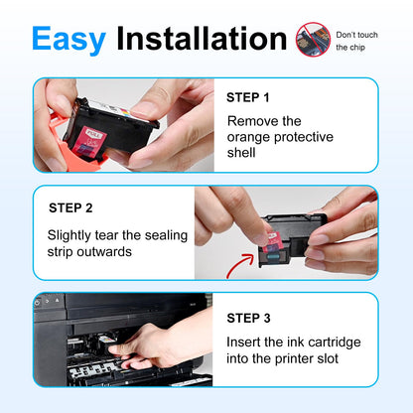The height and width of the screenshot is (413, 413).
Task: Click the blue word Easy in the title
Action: (x=69, y=40)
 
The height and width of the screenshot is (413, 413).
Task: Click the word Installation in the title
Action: (x=202, y=39)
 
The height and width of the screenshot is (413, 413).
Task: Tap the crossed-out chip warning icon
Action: (x=313, y=40)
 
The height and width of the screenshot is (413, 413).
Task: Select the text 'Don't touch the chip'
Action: (x=356, y=41)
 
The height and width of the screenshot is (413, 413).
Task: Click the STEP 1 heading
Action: (x=248, y=97)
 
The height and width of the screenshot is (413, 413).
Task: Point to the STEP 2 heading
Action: (x=70, y=208)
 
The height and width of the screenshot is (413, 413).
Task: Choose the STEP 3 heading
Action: (x=248, y=318)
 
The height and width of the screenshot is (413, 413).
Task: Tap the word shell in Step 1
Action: (x=241, y=153)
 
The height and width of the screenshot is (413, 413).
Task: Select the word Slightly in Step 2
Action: (x=69, y=236)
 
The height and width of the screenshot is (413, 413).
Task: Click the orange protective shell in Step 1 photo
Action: (x=76, y=151)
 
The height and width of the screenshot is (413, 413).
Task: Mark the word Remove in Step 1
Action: (x=249, y=121)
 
